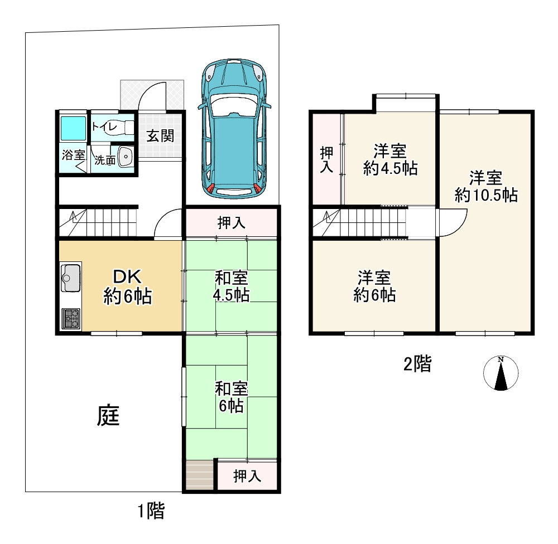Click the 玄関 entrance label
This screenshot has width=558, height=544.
click(160, 136)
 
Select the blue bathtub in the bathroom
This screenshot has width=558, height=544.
click(73, 128)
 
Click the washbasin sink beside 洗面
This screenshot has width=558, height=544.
click(125, 157)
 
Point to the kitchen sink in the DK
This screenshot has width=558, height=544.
click(71, 278)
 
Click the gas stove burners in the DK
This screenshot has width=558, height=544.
click(71, 318)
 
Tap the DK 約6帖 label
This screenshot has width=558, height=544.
click(127, 286)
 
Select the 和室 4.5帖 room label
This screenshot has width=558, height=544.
click(232, 286)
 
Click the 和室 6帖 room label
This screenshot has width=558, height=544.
click(232, 397)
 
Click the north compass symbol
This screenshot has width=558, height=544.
click(501, 373)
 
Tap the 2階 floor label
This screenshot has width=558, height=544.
click(417, 364)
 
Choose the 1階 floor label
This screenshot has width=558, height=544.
click(151, 511)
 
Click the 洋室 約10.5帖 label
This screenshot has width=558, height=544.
click(486, 186)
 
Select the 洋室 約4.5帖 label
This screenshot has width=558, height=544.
click(391, 159)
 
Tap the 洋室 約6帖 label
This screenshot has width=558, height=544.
click(374, 286)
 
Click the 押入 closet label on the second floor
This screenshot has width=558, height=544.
click(326, 159)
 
